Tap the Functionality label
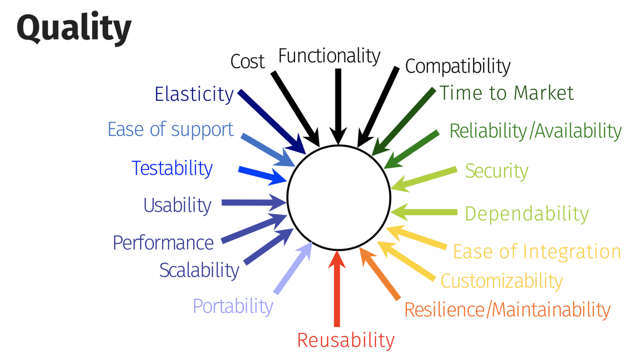(x=329, y=55)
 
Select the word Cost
(x=247, y=62)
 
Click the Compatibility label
(x=457, y=67)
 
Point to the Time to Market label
(x=506, y=93)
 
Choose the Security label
(x=496, y=171)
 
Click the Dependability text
(x=526, y=214)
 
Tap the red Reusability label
(x=346, y=340)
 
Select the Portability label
(x=233, y=306)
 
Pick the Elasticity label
(x=194, y=94)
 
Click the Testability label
(x=172, y=168)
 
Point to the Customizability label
(x=501, y=281)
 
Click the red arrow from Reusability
(x=338, y=290)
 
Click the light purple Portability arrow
(x=294, y=269)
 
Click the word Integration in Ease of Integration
(x=572, y=252)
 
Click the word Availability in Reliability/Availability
(x=578, y=130)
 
